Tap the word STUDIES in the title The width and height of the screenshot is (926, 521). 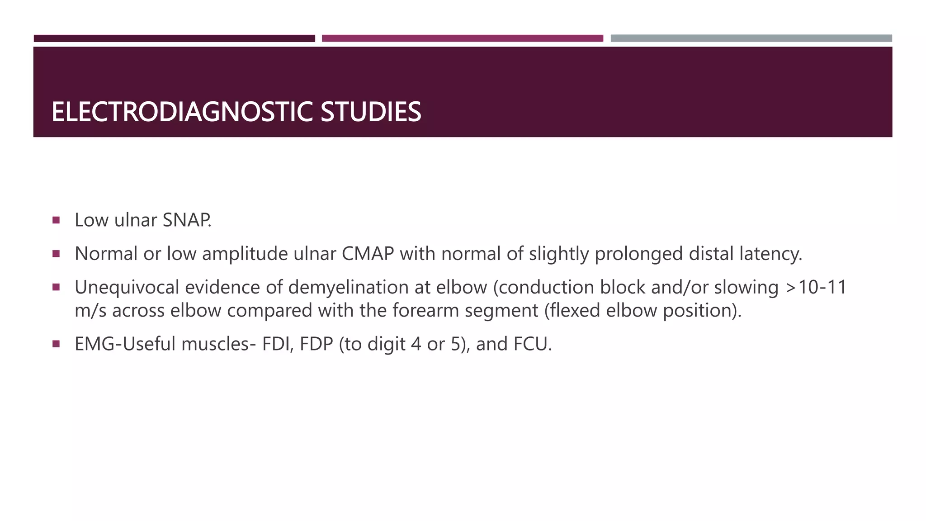click(x=371, y=112)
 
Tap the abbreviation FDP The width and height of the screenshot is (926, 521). click(x=316, y=344)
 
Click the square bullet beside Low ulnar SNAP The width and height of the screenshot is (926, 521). click(x=56, y=220)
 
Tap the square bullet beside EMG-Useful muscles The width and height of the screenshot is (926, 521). click(x=56, y=344)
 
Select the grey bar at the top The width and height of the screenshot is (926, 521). click(x=751, y=38)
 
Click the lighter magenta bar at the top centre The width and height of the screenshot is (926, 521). click(x=462, y=38)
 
